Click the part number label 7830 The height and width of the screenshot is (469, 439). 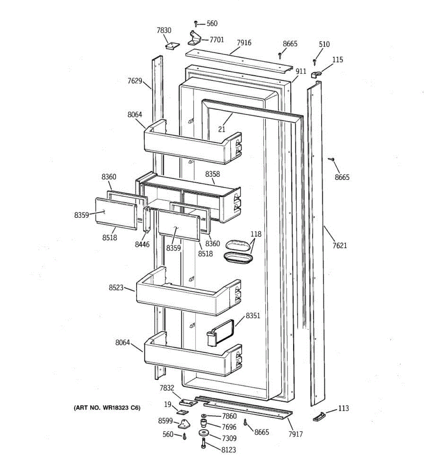click(x=164, y=30)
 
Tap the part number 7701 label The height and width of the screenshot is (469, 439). click(x=217, y=39)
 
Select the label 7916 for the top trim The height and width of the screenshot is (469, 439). click(x=244, y=43)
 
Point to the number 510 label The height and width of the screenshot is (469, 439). click(x=324, y=44)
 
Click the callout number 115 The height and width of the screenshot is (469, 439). click(x=338, y=59)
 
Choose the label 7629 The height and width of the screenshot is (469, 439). click(x=135, y=81)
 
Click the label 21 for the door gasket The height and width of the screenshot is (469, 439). click(x=222, y=129)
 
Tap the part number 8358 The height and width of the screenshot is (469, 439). click(x=213, y=174)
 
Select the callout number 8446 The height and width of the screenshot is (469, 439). click(x=142, y=245)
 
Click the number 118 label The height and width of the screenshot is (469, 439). click(x=256, y=234)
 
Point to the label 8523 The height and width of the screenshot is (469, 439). click(x=116, y=288)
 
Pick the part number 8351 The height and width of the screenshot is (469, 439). click(x=253, y=315)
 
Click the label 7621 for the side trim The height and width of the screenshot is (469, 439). click(x=339, y=245)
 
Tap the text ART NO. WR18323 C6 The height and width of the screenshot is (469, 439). click(x=107, y=408)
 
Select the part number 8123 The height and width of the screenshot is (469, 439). click(x=228, y=450)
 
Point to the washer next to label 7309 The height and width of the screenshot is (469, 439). click(x=203, y=433)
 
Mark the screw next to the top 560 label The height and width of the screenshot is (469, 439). click(x=196, y=24)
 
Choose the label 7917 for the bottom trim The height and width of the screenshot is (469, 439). click(x=295, y=434)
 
